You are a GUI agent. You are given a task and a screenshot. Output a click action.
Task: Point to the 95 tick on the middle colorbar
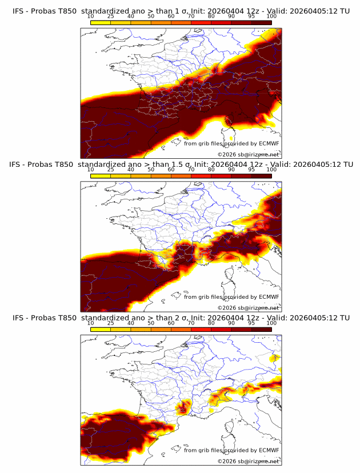[251, 169]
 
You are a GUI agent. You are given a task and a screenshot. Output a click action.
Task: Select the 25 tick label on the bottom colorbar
[110, 323]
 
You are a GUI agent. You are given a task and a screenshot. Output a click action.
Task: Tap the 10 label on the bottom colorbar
[90, 323]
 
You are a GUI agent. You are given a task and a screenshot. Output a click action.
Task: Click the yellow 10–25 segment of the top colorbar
[101, 22]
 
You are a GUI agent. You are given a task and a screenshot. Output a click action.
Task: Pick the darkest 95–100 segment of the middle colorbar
[262, 176]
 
